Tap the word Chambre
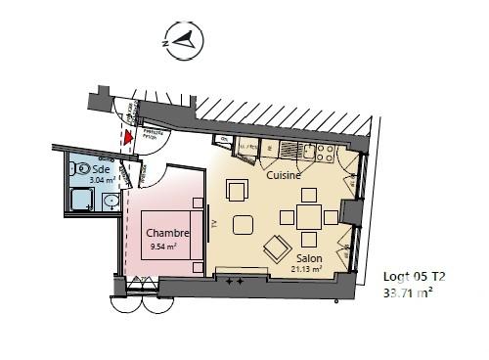point(167,233)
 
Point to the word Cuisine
point(283,177)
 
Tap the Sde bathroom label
point(102,168)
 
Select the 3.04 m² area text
point(103,180)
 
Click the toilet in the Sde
point(76,169)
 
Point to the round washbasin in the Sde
point(111,202)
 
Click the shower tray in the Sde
point(80,202)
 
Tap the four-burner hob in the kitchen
point(322,152)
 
